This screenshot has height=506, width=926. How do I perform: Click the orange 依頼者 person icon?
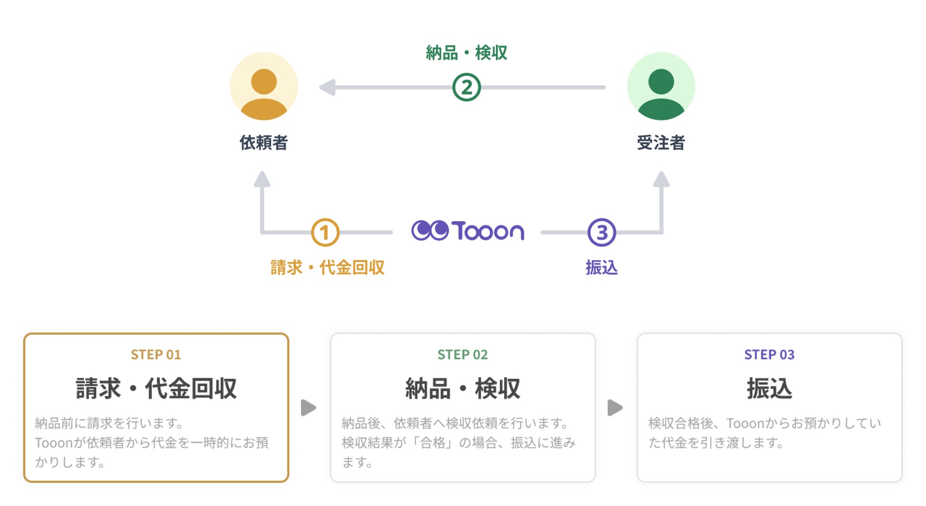click(x=264, y=86)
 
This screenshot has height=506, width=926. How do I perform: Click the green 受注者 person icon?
click(x=661, y=86)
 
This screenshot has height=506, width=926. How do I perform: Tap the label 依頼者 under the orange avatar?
click(x=264, y=142)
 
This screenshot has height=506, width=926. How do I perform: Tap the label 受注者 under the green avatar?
click(x=661, y=142)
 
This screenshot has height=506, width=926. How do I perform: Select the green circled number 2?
click(x=466, y=87)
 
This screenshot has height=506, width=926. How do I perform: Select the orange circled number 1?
click(x=325, y=233)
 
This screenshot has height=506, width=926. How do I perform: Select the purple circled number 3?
click(x=602, y=233)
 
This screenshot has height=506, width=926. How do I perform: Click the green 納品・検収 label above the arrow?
click(x=466, y=53)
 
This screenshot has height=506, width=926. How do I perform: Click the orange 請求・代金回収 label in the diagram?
click(x=327, y=268)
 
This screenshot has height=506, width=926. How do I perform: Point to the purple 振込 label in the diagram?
click(x=601, y=268)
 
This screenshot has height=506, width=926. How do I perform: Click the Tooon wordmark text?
click(x=488, y=231)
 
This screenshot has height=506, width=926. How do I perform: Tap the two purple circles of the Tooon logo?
click(x=430, y=231)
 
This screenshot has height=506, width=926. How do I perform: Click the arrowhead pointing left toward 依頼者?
click(x=328, y=87)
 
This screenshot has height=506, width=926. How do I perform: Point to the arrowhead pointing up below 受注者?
click(x=661, y=179)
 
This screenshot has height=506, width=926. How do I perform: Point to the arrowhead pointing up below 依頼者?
click(x=262, y=179)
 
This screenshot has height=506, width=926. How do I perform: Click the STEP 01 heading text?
click(x=156, y=355)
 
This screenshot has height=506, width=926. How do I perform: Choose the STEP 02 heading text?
click(x=463, y=355)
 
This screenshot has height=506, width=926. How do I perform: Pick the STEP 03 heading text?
click(x=769, y=355)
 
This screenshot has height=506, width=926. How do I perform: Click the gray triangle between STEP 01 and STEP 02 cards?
click(x=309, y=407)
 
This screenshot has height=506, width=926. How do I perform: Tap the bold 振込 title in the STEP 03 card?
click(x=769, y=388)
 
